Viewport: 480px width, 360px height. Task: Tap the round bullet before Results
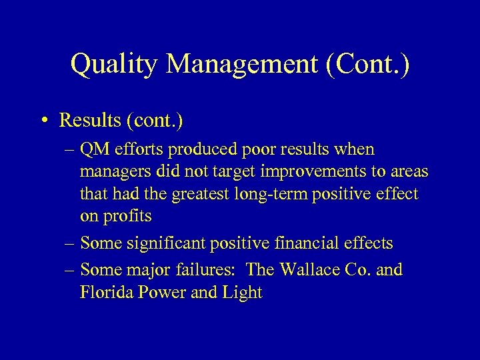[43, 121]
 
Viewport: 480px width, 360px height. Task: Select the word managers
[113, 172]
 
